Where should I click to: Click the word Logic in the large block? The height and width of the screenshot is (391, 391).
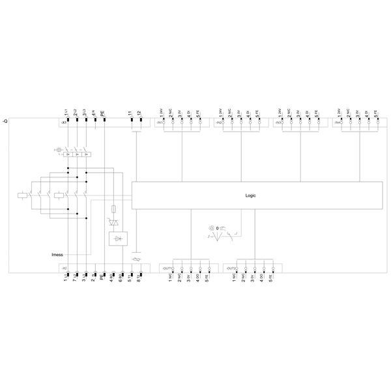(251, 195)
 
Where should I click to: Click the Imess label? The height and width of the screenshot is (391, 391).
(57, 254)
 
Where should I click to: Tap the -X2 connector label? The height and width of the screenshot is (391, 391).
(63, 268)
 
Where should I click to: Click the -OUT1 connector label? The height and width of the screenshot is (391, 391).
(167, 268)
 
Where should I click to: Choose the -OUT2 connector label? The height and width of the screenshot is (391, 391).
(231, 268)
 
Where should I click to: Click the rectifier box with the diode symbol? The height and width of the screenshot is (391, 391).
(118, 239)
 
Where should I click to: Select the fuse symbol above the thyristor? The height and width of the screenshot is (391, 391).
(115, 209)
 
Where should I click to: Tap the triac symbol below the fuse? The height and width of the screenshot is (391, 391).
(115, 223)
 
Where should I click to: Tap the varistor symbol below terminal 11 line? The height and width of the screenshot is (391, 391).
(136, 259)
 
